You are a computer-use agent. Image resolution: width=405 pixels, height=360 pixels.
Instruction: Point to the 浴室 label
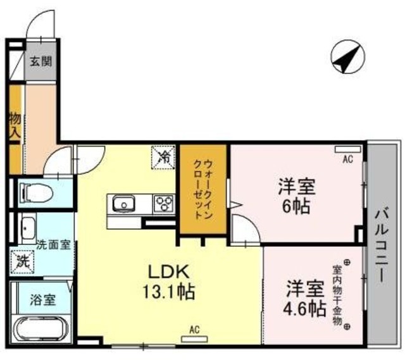43,299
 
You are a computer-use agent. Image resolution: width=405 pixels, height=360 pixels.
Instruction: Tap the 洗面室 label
53,244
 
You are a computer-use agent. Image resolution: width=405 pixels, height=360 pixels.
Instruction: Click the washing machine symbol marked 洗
22,260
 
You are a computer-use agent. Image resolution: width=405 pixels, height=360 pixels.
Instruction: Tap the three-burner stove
164,204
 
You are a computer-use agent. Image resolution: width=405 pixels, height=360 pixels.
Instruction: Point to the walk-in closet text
202,188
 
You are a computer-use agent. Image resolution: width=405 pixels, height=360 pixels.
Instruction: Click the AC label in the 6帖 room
347,159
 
